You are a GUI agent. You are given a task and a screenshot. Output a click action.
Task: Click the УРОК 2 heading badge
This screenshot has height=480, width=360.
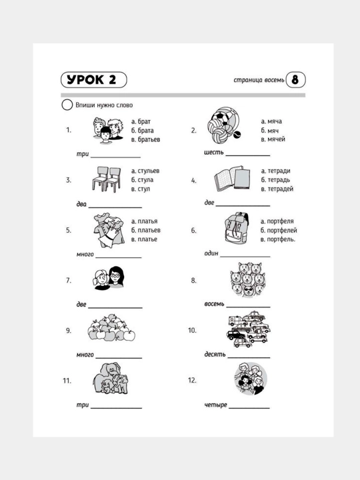94,80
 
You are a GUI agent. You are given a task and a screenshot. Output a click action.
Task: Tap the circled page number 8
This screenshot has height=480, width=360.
295,80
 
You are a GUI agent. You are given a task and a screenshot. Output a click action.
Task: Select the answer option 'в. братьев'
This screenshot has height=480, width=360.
146,139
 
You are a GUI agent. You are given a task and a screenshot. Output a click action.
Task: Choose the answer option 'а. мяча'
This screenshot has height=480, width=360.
271,121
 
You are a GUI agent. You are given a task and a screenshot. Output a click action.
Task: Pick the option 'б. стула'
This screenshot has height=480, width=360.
143,180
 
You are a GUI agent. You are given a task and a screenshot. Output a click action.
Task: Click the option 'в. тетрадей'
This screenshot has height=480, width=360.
277,189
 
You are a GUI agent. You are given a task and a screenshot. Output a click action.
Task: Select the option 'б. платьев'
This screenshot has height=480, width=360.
146,230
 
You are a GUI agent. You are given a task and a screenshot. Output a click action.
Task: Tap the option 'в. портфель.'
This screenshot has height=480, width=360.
278,239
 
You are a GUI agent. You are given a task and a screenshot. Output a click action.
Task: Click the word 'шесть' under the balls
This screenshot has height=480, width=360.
214,152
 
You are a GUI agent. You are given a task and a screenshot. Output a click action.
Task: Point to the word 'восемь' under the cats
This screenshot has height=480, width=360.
214,304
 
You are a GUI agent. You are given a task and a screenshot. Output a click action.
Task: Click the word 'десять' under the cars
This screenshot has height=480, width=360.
215,355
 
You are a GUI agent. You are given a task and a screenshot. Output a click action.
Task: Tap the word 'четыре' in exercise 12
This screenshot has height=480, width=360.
216,405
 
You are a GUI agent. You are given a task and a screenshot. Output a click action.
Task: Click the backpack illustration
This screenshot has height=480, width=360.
236,229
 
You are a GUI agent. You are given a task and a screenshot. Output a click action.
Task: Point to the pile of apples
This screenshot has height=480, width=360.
111,327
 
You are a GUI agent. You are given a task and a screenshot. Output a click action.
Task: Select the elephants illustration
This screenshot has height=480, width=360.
111,379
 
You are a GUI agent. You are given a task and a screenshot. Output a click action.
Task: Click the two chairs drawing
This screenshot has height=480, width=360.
106,179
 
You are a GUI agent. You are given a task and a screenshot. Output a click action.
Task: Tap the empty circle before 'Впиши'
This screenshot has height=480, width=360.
67,105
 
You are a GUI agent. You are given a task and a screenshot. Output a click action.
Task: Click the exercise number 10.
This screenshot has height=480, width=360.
192,330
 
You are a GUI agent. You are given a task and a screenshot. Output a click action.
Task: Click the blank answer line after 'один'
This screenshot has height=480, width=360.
245,257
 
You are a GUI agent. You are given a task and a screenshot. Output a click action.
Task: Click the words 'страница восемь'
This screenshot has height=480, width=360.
259,80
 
